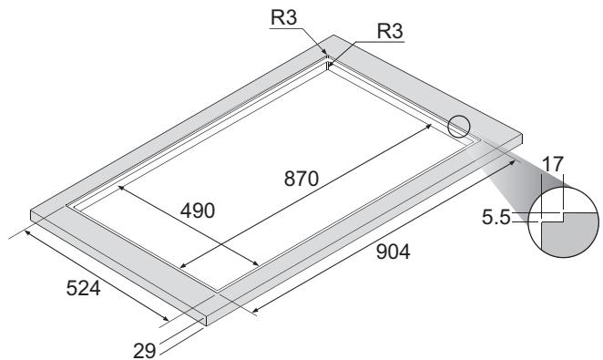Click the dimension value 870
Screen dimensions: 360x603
[300, 180]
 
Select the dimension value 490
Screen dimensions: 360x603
[197, 211]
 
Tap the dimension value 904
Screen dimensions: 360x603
[393, 253]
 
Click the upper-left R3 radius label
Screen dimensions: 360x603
[284, 16]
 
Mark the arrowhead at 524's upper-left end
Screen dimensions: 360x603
[29, 232]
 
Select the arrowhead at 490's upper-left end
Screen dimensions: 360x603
[120, 187]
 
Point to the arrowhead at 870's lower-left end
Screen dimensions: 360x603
[182, 268]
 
